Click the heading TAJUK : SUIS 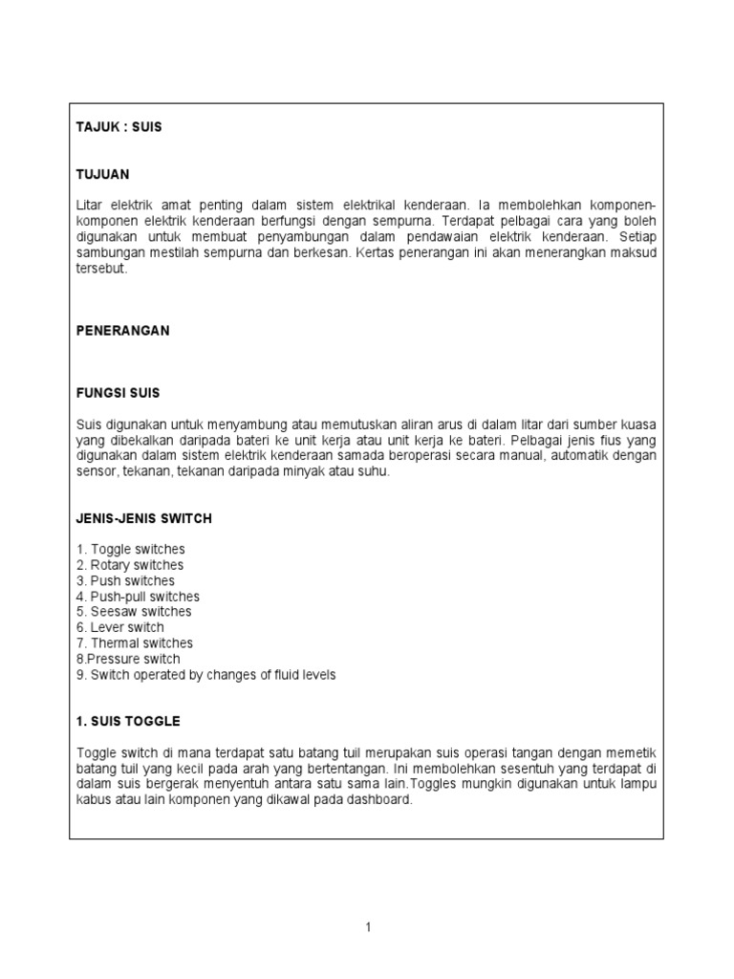click(x=119, y=127)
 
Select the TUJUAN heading click(x=102, y=175)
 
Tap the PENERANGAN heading click(x=122, y=330)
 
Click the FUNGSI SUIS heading click(x=118, y=393)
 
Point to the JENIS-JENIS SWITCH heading click(x=143, y=518)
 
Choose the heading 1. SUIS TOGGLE click(x=127, y=721)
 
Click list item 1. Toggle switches click(x=130, y=550)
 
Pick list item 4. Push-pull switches click(x=138, y=597)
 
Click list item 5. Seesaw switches click(x=134, y=612)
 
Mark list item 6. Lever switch click(x=120, y=628)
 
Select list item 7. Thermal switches click(x=134, y=643)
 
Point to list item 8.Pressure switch click(x=128, y=659)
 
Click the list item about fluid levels click(x=205, y=675)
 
